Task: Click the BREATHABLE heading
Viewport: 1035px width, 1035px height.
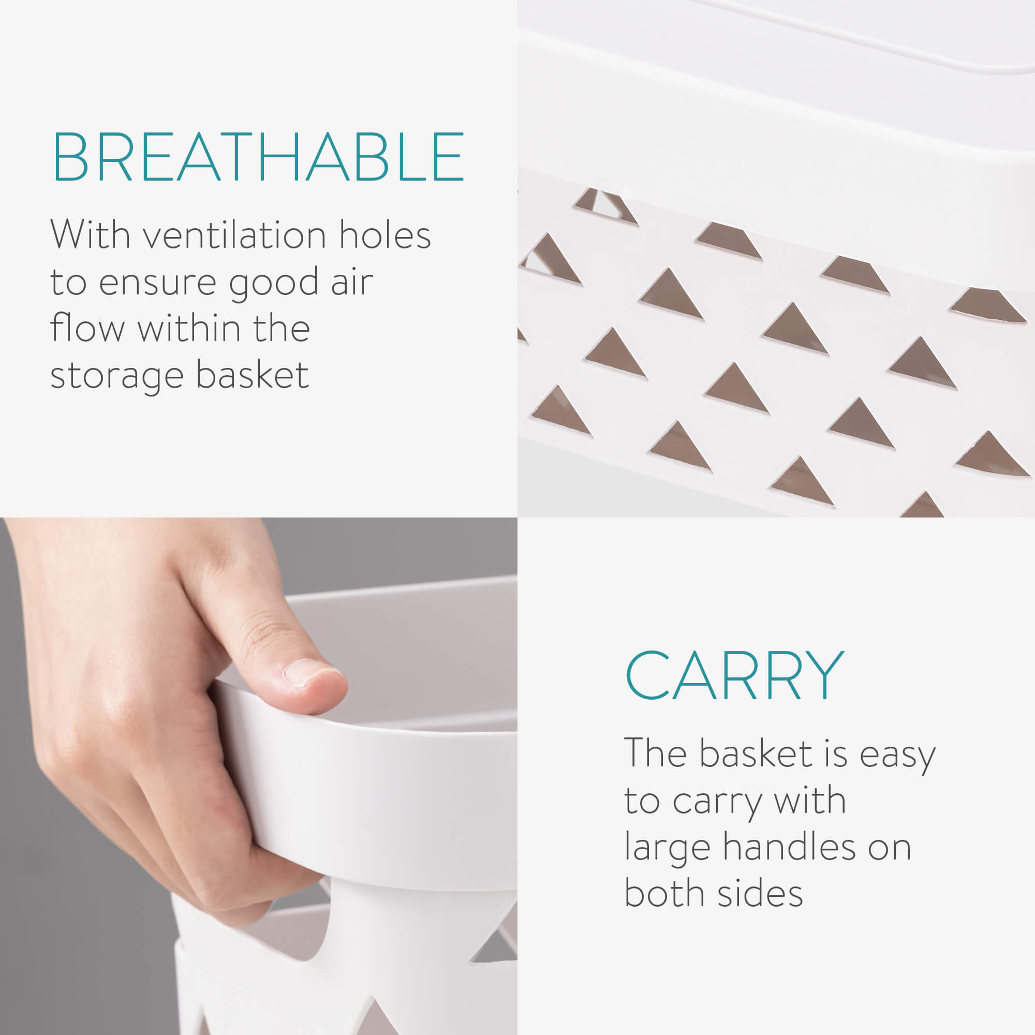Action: pos(258,157)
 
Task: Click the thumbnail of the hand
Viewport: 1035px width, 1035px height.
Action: pos(259,776)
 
